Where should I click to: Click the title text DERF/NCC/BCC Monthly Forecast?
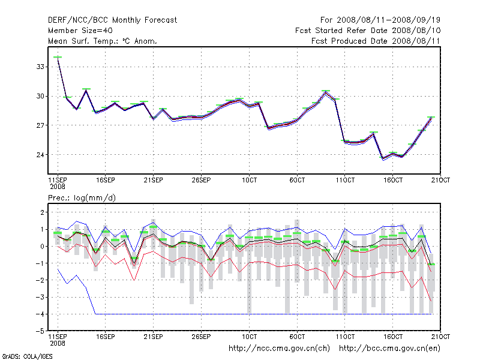(112, 20)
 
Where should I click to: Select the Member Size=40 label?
(80, 30)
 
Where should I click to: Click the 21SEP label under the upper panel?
(153, 180)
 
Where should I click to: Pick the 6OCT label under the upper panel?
(297, 180)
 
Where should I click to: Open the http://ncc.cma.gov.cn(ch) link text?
(279, 348)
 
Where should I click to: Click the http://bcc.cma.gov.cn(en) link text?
(390, 348)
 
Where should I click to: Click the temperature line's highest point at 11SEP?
(58, 57)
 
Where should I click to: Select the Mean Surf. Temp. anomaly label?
(103, 41)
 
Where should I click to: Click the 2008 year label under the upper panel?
(58, 187)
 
